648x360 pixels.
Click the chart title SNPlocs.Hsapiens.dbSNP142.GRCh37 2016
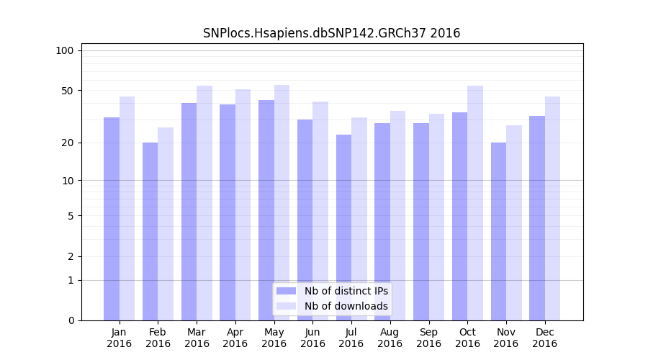pos(331,33)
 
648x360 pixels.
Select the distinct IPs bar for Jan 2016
pos(112,219)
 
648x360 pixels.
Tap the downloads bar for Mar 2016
pos(204,203)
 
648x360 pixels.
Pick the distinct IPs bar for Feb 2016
pos(150,231)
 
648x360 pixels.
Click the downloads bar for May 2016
pos(282,202)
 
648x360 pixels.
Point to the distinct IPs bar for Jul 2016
pos(343,228)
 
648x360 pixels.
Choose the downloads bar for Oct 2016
pos(475,203)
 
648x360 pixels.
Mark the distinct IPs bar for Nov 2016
pos(498,231)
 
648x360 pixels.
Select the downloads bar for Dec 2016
pos(552,209)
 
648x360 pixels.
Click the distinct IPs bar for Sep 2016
pos(421,222)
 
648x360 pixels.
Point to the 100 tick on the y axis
pos(65,50)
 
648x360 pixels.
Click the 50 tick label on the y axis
pos(67,91)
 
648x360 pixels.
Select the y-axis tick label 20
pos(67,143)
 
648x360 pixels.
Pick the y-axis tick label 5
pos(70,215)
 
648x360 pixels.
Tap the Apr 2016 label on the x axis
pos(235,338)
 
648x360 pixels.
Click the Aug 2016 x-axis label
pos(390,338)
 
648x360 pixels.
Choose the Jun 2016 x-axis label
pos(312,338)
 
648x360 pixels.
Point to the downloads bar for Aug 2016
pos(397,216)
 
